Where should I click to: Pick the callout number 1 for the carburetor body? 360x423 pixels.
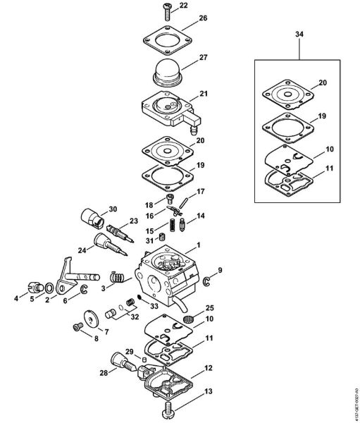click(198, 245)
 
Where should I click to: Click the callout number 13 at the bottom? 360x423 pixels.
click(207, 391)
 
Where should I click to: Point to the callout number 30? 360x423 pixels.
click(113, 209)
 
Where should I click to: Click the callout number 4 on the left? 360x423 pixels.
click(15, 298)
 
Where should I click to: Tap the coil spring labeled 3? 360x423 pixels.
click(118, 277)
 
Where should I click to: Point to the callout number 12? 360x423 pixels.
click(207, 368)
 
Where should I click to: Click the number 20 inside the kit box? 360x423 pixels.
click(323, 82)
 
